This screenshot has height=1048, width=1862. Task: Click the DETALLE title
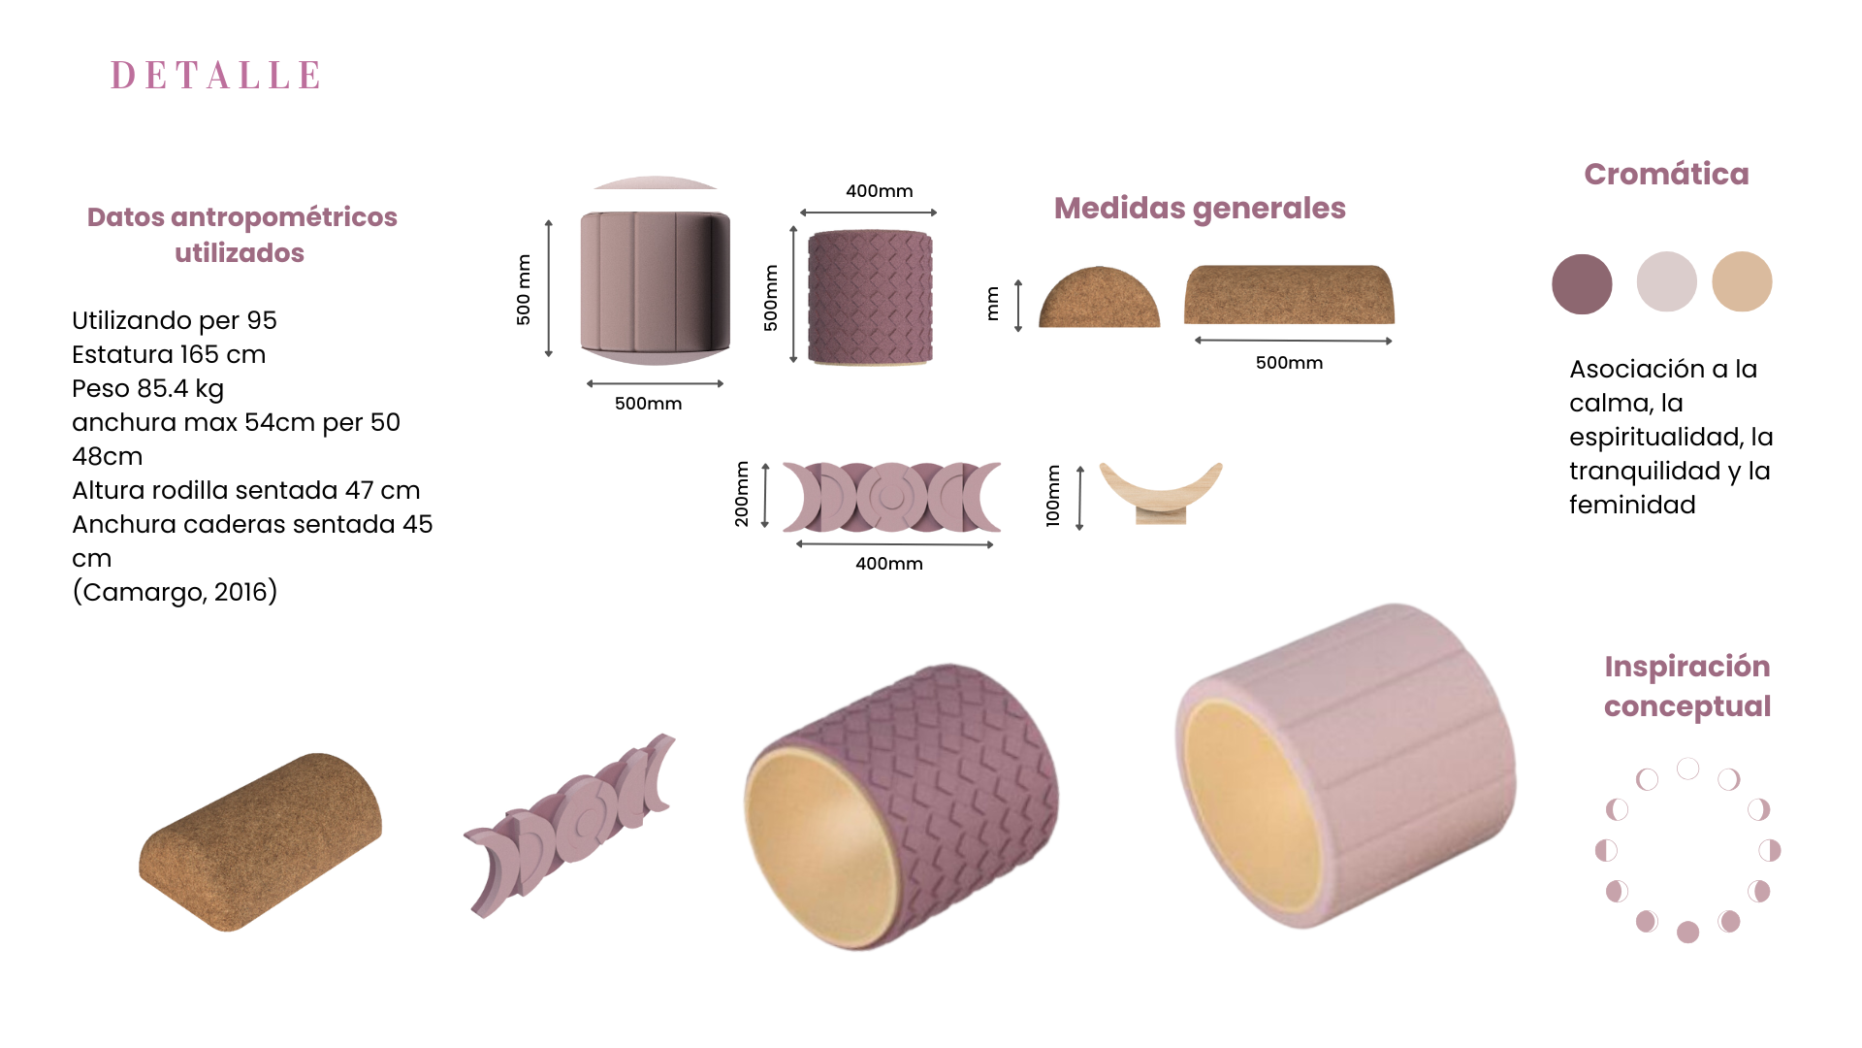[215, 75]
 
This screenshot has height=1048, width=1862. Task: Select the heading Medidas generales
[1200, 209]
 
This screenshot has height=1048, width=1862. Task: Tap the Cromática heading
[1666, 174]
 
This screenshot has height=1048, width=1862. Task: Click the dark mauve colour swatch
[1582, 283]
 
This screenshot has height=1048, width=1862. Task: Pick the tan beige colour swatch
[1742, 281]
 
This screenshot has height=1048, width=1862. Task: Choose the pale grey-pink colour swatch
[1666, 281]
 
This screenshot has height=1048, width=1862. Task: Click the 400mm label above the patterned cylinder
[880, 191]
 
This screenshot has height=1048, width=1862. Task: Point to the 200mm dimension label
[742, 494]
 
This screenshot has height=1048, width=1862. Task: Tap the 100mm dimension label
[1053, 496]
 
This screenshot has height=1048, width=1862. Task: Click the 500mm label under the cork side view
[1289, 363]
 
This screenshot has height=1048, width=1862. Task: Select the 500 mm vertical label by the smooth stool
[524, 289]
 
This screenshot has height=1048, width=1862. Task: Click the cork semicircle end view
[1100, 297]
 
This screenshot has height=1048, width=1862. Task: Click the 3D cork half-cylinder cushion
[260, 841]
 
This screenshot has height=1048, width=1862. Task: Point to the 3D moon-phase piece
[569, 825]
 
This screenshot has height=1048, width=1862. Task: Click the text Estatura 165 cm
[169, 354]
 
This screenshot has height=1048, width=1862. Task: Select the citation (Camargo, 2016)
[175, 592]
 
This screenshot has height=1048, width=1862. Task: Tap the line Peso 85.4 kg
[147, 389]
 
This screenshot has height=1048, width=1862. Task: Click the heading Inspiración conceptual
[1687, 686]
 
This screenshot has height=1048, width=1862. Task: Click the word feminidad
[1632, 505]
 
